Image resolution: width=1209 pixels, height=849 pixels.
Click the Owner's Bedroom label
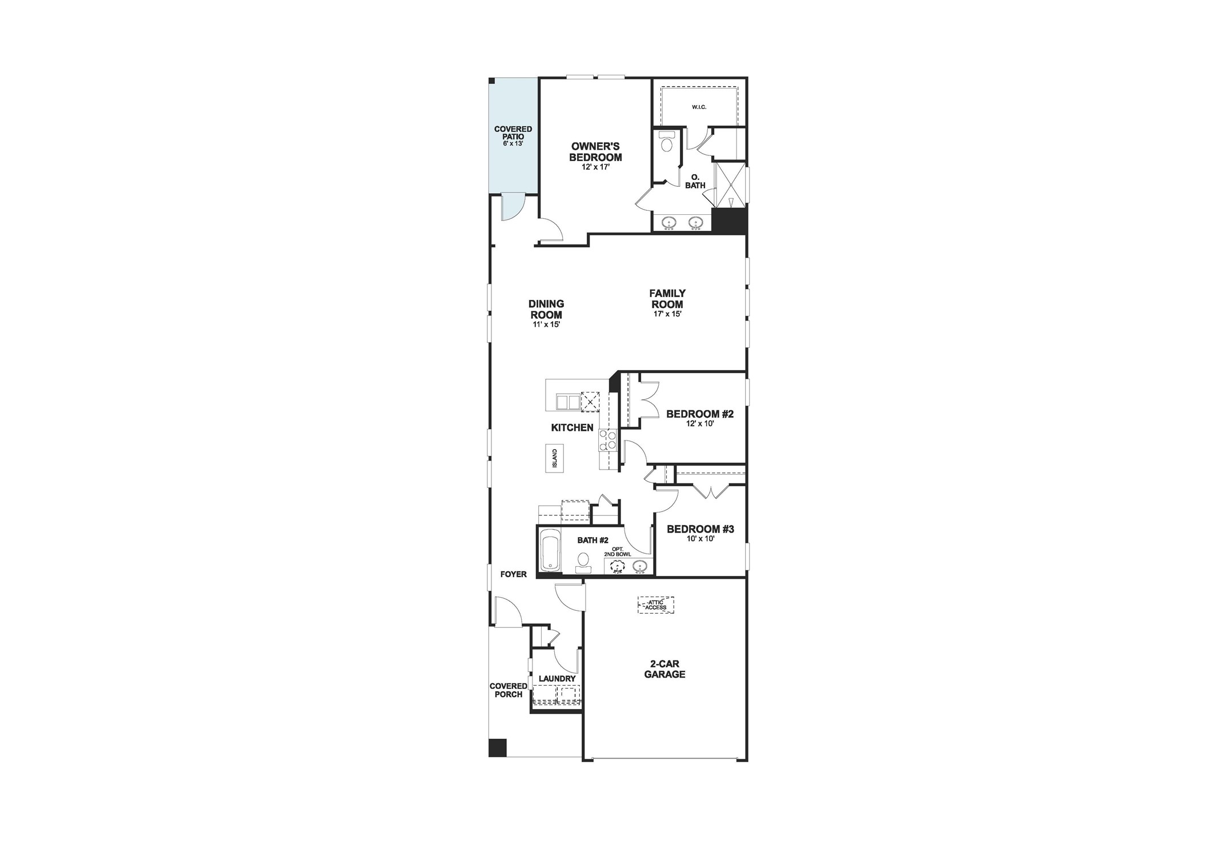tap(595, 152)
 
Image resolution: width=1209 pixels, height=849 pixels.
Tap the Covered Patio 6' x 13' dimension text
tap(513, 143)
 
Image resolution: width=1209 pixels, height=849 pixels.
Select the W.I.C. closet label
tap(699, 107)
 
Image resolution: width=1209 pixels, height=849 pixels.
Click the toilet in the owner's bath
tap(666, 142)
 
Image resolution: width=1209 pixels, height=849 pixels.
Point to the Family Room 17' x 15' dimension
tap(667, 314)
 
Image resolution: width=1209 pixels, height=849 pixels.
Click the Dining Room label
tap(546, 309)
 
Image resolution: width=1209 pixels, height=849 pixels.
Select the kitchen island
tap(554, 458)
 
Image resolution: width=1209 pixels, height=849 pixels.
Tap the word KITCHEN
tap(572, 427)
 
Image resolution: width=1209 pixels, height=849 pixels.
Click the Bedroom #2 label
tap(699, 414)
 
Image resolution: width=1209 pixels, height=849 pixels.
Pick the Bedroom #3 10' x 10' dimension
tap(700, 539)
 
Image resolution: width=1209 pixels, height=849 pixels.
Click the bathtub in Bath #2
tap(550, 550)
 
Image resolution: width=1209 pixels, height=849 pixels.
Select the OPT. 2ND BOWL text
tap(617, 551)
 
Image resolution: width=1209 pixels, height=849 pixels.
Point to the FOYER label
tap(513, 574)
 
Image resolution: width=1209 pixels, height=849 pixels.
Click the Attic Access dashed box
tap(656, 604)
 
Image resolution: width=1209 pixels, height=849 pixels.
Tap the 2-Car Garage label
tap(664, 669)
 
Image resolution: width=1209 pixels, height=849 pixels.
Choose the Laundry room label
tap(557, 678)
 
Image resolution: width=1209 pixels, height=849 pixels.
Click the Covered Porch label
tap(508, 690)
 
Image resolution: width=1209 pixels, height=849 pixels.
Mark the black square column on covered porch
tap(498, 747)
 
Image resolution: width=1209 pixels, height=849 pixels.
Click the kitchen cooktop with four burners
tap(608, 439)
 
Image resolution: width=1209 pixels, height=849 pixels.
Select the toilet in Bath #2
tap(583, 561)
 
